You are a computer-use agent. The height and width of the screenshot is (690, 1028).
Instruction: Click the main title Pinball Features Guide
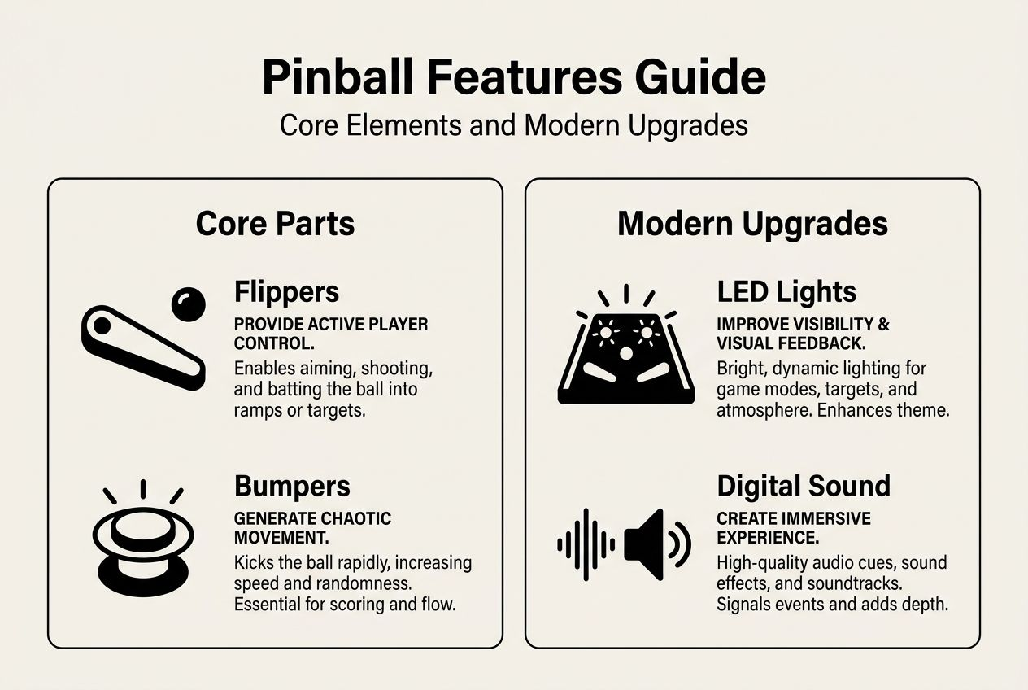(513, 77)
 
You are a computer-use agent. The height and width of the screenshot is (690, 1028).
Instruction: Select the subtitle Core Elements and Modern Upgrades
(513, 125)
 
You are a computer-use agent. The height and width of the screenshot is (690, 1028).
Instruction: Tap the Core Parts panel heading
(275, 224)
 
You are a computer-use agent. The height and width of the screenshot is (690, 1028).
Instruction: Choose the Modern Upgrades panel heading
(752, 224)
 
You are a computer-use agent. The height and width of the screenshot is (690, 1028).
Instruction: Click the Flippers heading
(286, 291)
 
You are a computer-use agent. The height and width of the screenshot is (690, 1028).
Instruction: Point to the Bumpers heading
(292, 487)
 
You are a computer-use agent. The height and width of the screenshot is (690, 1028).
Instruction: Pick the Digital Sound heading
(804, 487)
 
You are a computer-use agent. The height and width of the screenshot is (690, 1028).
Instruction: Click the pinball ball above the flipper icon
(188, 304)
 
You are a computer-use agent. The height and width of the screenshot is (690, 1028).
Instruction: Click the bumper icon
(142, 541)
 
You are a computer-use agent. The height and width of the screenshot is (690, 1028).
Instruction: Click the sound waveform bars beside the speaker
(586, 544)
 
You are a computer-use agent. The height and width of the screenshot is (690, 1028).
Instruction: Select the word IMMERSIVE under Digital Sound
(818, 518)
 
